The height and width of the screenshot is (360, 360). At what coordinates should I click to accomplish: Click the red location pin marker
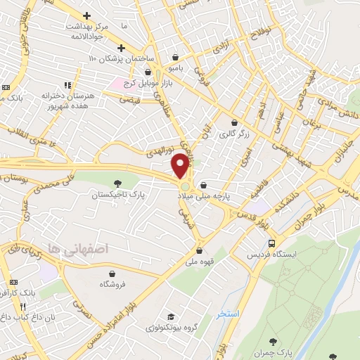pos(180,165)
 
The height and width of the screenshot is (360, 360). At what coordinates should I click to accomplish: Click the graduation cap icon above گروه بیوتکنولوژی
pos(169,316)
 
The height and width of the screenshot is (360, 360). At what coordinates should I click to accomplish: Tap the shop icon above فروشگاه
pos(112,273)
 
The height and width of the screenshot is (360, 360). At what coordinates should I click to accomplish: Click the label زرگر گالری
pos(233,132)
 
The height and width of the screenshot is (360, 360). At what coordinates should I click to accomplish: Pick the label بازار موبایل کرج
pos(148,83)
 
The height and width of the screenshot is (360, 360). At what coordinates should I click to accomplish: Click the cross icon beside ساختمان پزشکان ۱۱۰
pos(122,48)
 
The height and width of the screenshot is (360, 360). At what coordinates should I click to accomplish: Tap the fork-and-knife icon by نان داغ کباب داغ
pos(23,307)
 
